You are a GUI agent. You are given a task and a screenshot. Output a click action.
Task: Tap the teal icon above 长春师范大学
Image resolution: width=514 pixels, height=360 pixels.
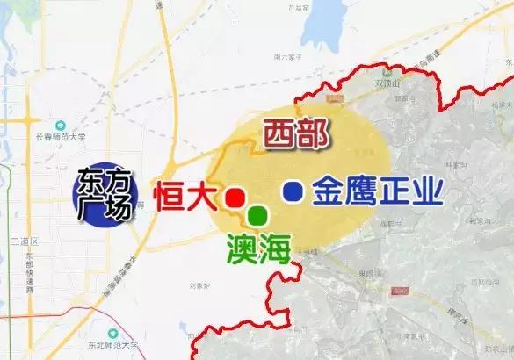pyautogui.click(x=59, y=123)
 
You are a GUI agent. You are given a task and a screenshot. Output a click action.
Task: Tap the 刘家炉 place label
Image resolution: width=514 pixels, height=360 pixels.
pyautogui.click(x=200, y=284)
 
